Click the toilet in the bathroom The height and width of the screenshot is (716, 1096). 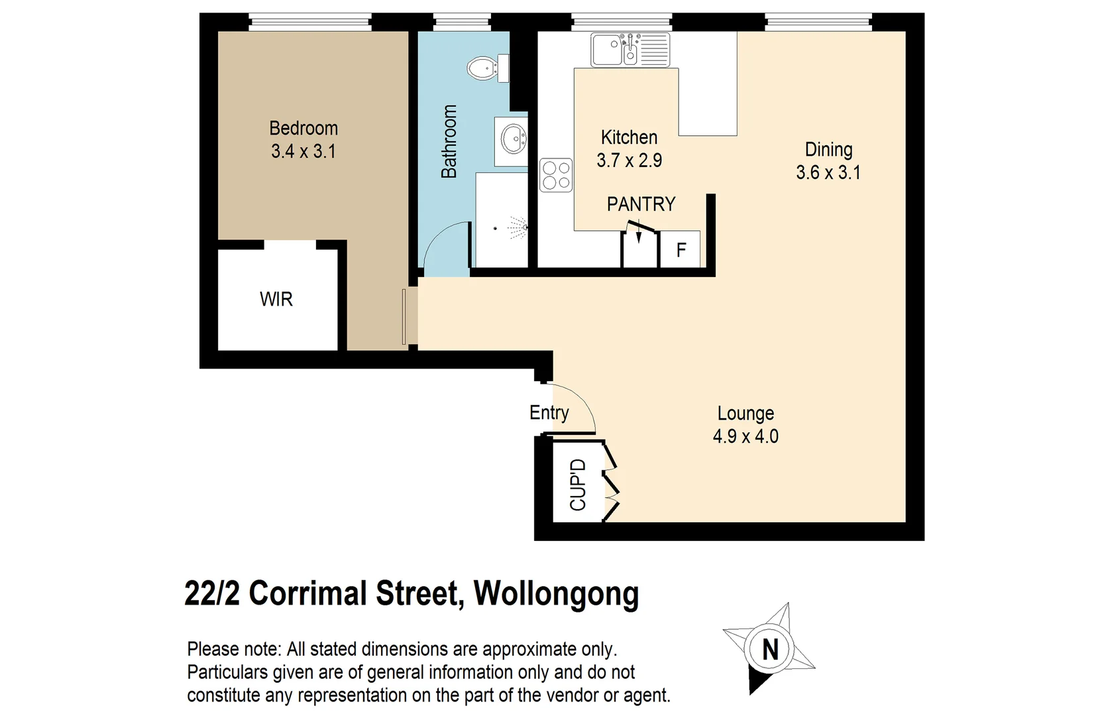point(488,68)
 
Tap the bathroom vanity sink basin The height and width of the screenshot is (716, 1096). point(512,141)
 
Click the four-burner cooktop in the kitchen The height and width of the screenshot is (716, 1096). point(556,175)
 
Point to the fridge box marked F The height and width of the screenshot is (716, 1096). point(681,250)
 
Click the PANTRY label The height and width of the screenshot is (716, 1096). point(641,204)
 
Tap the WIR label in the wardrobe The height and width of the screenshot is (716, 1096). point(276,299)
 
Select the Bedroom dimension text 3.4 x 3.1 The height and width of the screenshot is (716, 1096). point(303,152)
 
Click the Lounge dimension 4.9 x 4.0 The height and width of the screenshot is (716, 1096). point(745,437)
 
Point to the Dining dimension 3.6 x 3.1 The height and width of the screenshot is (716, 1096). point(828,173)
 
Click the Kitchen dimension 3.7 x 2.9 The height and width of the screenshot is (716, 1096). point(629,160)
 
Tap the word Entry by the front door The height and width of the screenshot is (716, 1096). point(549,413)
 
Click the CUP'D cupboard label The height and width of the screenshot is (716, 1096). point(578,485)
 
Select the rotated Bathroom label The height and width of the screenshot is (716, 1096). point(449,141)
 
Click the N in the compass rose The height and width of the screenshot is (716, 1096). point(770,649)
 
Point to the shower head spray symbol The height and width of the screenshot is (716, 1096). point(518,228)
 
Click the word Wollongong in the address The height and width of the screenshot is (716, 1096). point(556,593)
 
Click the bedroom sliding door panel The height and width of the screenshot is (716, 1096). point(404,316)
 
